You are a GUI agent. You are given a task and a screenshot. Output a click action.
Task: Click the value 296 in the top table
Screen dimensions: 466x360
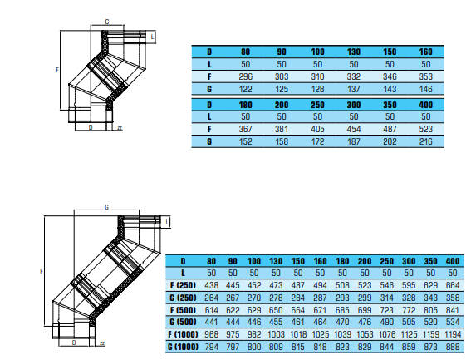[246, 76]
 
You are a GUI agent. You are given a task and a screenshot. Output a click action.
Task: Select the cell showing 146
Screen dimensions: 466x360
[425, 89]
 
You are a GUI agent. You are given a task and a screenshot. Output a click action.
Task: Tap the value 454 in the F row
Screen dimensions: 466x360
[353, 129]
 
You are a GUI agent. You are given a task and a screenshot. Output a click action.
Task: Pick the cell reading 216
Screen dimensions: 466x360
[425, 141]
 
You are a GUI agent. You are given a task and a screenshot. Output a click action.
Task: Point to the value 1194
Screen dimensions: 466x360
[453, 334]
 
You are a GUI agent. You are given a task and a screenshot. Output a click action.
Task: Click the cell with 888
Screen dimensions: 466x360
[453, 347]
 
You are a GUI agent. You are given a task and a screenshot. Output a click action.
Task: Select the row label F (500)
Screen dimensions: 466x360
[183, 310]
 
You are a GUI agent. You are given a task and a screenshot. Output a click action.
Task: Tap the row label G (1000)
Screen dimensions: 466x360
[183, 347]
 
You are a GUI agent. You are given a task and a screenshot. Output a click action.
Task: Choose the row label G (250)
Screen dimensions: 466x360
[183, 298]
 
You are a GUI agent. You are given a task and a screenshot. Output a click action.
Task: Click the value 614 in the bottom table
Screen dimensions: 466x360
[211, 310]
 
